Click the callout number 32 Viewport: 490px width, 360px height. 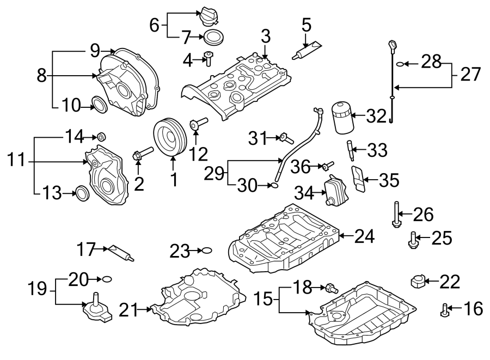tap(375, 116)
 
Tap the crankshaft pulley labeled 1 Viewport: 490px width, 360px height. tap(171, 138)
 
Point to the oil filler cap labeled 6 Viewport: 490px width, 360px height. tap(207, 17)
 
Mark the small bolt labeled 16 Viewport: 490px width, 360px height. tap(445, 310)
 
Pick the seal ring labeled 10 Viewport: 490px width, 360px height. tap(99, 104)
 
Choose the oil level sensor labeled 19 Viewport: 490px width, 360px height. tap(96, 308)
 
